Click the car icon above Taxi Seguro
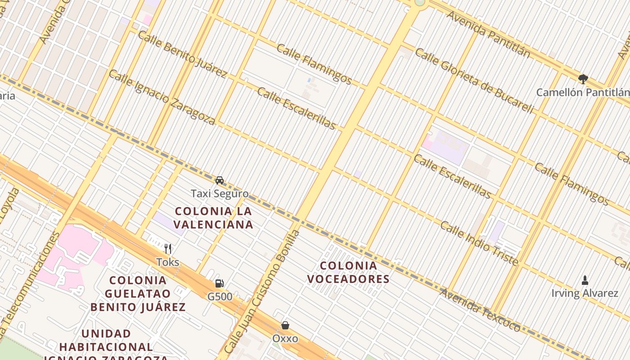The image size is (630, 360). point(220,180)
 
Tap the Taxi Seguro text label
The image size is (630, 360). point(220,194)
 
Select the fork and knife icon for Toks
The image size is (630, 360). point(168,248)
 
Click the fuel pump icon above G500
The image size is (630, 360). point(219,283)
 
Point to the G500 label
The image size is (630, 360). point(220,297)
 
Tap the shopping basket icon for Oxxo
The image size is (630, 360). point(285,325)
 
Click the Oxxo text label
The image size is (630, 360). point(285,338)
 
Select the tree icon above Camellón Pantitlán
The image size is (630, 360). point(583,79)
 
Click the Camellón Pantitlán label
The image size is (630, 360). point(583,93)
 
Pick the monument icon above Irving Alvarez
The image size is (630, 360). point(585,280)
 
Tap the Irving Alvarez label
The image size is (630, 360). point(585,293)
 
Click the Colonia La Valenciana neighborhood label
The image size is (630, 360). point(213,217)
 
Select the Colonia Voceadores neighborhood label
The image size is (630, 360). point(348,272)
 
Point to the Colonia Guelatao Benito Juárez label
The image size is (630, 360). point(138,293)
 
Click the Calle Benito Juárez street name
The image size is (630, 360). point(182,53)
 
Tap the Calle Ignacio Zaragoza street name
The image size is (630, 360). point(162,97)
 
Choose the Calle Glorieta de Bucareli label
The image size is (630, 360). point(474,81)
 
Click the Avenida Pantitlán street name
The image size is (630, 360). point(488,34)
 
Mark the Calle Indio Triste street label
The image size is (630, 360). point(479,243)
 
